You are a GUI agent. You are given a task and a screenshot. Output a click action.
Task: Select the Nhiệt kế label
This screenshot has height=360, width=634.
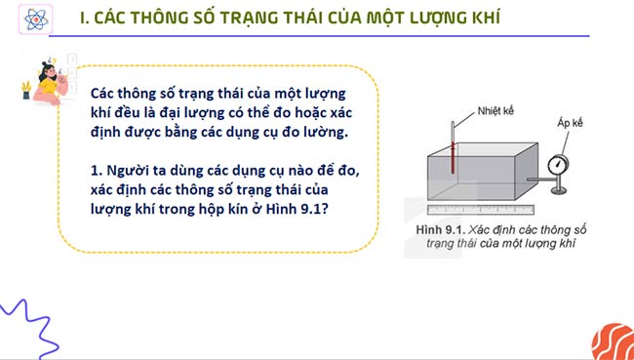[496, 109]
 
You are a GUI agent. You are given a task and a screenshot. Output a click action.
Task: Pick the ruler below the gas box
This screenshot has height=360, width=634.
[481, 209]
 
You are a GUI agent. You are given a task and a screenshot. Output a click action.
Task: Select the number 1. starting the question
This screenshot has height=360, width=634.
[94, 171]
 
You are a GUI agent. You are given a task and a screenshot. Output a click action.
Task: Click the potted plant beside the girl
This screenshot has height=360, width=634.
[25, 89]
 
